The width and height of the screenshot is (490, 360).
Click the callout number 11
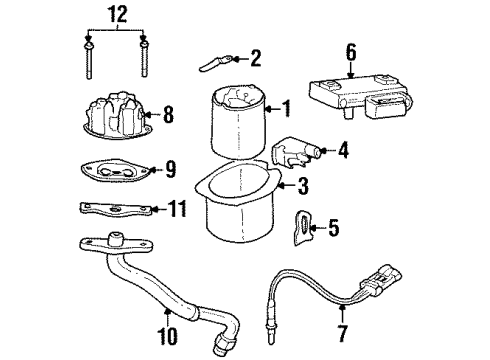(176, 209)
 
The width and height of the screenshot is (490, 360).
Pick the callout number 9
(169, 169)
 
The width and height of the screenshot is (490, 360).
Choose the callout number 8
(167, 115)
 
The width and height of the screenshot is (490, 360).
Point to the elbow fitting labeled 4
(294, 153)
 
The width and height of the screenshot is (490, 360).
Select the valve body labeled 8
(116, 115)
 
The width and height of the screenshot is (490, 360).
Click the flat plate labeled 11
(113, 209)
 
